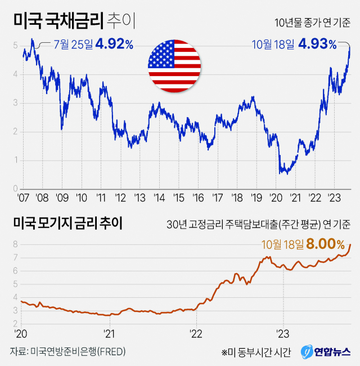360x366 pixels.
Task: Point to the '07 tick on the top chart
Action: click(23, 198)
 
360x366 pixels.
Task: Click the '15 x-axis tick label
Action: click(178, 198)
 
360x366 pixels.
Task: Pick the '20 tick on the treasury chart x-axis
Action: click(276, 198)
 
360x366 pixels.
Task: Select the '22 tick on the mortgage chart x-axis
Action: click(196, 332)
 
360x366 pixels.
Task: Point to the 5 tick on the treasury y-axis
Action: click(16, 46)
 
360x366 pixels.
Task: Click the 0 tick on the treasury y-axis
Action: click(16, 189)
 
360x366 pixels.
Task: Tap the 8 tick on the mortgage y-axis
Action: click(15, 244)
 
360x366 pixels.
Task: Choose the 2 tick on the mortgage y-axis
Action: click(15, 324)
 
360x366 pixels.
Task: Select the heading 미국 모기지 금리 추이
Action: click(67, 223)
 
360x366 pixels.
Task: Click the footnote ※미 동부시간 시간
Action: click(256, 352)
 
